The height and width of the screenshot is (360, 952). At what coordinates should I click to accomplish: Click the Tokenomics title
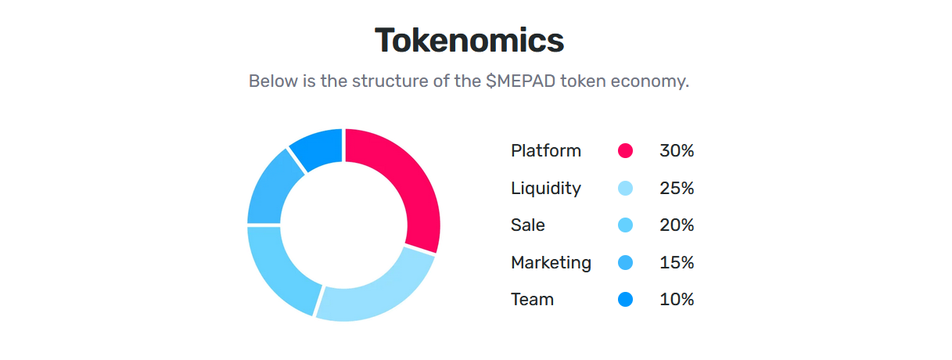click(x=469, y=41)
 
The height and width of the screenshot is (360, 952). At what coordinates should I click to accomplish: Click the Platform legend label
click(x=546, y=151)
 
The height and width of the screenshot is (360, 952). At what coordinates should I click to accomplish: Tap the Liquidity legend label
click(x=546, y=189)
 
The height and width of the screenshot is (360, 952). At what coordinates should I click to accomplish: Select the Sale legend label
click(x=528, y=225)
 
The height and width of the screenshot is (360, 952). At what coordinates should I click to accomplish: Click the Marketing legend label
click(x=551, y=263)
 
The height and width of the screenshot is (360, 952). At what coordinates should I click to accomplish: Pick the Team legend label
click(x=532, y=300)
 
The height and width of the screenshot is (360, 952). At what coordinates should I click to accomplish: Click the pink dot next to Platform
click(x=625, y=151)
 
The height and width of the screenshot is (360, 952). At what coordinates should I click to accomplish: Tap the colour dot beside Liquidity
click(x=625, y=189)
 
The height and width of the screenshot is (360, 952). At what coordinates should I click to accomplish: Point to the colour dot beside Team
click(x=625, y=300)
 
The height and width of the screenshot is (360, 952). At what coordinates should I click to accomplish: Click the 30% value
click(x=677, y=151)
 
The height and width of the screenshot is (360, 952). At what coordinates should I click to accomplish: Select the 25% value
click(x=677, y=189)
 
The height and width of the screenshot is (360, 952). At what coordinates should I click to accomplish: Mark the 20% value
click(x=677, y=225)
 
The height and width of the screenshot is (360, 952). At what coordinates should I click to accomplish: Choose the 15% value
click(x=677, y=263)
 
